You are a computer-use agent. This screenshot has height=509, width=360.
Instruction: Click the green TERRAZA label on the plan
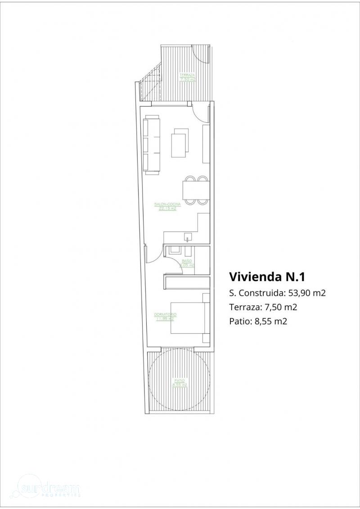point(187,77)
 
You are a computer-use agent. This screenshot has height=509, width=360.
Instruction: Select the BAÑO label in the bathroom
point(187,263)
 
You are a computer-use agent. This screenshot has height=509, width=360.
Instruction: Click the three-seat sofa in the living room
point(152,144)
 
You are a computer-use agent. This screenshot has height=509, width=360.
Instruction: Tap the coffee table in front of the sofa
point(181,143)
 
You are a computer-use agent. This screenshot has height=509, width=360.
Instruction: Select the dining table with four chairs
point(195,189)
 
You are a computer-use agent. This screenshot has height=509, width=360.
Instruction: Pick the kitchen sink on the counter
point(187,236)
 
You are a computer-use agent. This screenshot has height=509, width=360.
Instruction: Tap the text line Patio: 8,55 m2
point(258,321)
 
